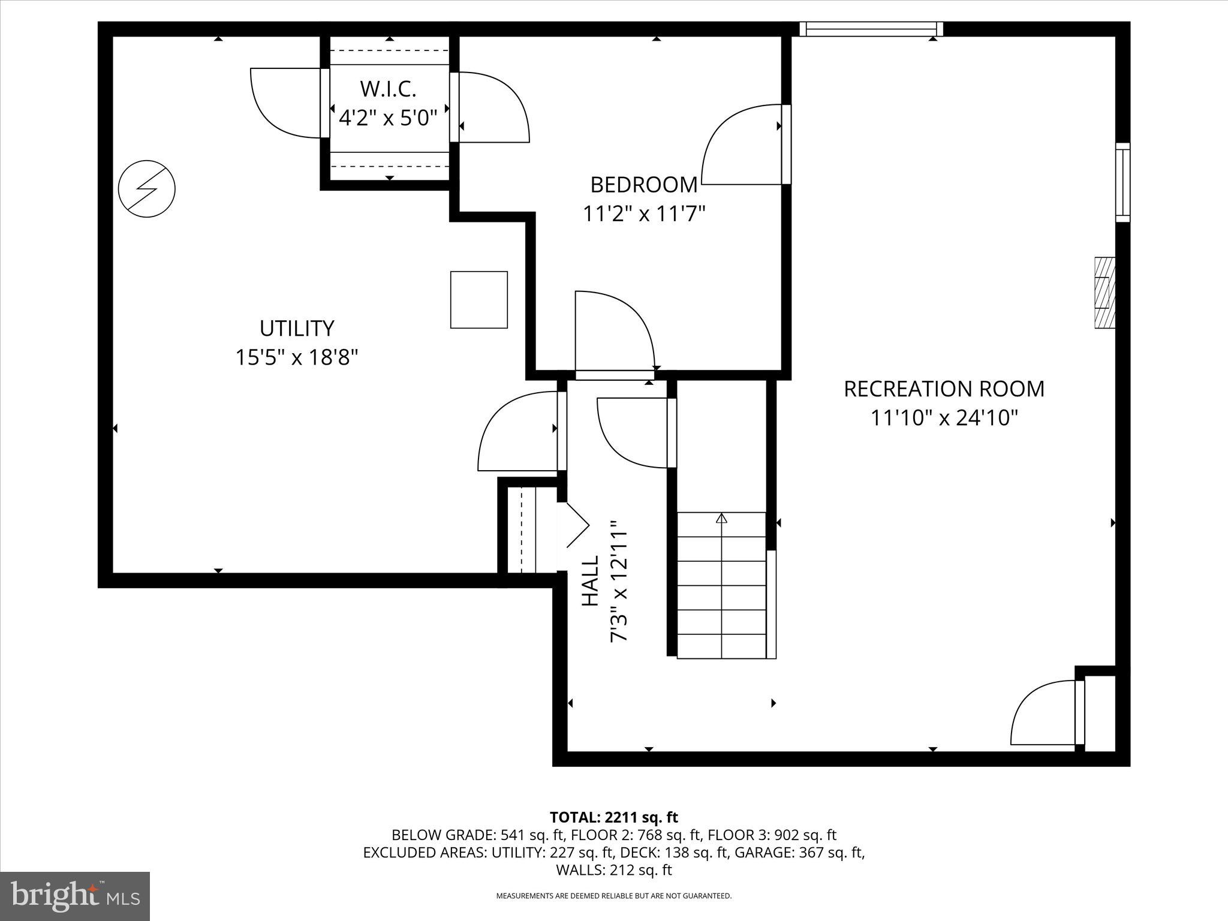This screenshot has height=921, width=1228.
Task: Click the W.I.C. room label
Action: point(388,89)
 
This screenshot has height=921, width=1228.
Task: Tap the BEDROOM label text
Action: point(643,185)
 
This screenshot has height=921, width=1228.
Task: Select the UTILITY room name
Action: point(297,329)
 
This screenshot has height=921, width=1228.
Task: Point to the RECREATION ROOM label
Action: point(944,389)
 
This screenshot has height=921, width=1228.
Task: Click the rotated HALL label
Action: point(591,580)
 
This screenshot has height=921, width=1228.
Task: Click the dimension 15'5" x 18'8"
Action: point(297,358)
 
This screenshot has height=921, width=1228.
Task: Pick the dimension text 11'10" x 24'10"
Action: point(944,418)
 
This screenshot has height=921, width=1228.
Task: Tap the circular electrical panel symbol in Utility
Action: point(147,189)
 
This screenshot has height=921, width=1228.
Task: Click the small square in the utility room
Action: point(479,300)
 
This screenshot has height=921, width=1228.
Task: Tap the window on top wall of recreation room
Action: point(871,28)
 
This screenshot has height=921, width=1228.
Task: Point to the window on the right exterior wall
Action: point(1122,182)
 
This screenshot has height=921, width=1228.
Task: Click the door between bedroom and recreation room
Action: point(744,147)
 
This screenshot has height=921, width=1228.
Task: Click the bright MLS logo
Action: point(75,896)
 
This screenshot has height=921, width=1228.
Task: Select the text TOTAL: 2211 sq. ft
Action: point(613,817)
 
